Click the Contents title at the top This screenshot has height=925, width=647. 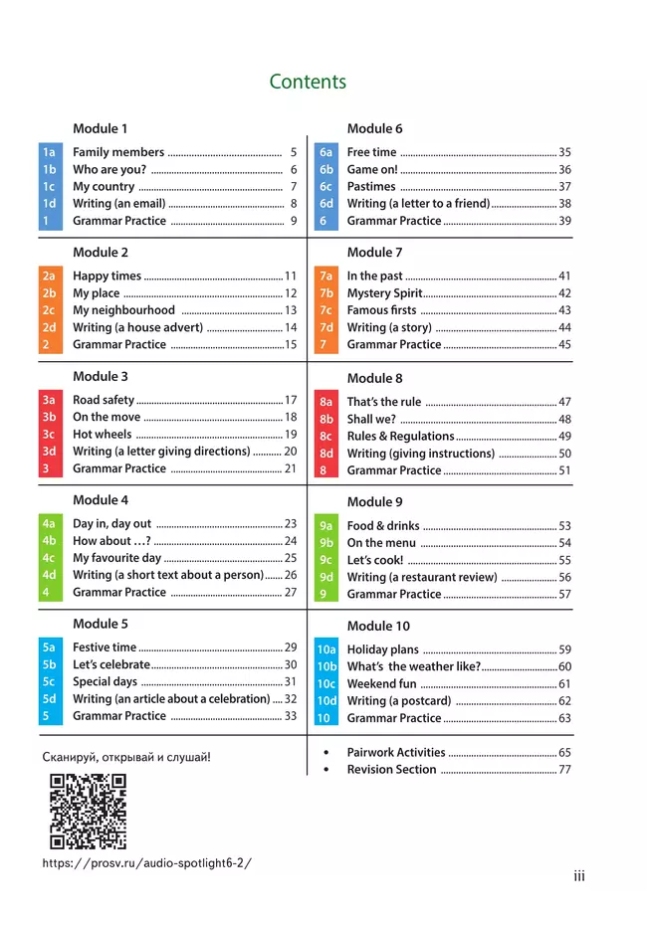(x=308, y=82)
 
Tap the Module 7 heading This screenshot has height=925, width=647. (x=374, y=253)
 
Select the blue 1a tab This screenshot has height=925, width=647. (x=49, y=152)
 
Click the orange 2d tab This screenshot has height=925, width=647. (x=49, y=327)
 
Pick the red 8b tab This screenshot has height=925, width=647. (x=325, y=420)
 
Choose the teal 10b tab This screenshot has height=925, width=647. (x=326, y=666)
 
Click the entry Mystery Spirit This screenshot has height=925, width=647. (x=384, y=293)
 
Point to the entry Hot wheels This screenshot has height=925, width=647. (x=102, y=435)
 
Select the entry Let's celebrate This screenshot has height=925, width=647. (x=110, y=664)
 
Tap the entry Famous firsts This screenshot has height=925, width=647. (x=381, y=310)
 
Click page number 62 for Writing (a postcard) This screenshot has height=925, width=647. (x=564, y=701)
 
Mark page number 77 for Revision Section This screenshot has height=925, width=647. (x=564, y=769)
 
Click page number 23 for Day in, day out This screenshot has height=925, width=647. (x=291, y=523)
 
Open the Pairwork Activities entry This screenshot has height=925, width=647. (x=395, y=753)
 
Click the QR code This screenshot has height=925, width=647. (x=88, y=812)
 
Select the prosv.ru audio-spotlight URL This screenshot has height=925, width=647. (x=147, y=863)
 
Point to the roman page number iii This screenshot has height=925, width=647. (x=579, y=876)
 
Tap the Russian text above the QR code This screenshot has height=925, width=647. (x=126, y=757)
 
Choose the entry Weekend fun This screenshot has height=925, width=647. (x=381, y=684)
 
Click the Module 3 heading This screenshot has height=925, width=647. (x=101, y=376)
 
